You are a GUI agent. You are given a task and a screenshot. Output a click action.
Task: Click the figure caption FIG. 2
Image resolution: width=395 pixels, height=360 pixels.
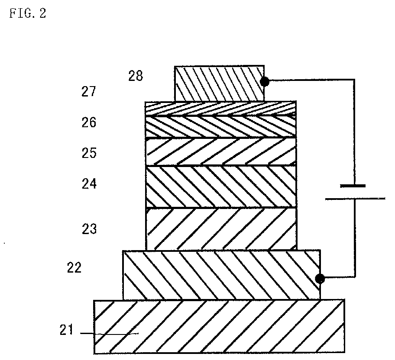(x=28, y=13)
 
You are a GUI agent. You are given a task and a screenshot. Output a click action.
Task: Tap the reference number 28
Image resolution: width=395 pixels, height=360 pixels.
(x=136, y=76)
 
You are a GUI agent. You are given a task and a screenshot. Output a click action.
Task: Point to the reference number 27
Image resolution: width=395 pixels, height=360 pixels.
(x=89, y=91)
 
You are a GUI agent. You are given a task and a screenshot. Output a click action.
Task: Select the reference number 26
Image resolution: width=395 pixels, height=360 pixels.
(x=89, y=122)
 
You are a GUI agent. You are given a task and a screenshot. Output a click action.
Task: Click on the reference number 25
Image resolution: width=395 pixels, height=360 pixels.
(x=89, y=153)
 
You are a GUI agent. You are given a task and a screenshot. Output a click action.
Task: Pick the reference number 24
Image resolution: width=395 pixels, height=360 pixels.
(x=89, y=184)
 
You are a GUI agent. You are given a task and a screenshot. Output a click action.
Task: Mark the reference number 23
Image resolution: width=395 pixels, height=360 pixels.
(x=89, y=229)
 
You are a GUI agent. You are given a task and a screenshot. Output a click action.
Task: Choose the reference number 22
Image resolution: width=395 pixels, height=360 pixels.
(x=74, y=267)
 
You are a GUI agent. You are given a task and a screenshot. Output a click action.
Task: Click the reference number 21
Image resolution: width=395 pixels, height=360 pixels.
(x=66, y=330)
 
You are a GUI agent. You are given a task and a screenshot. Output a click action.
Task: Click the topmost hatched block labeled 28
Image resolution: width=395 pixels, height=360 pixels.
(x=220, y=84)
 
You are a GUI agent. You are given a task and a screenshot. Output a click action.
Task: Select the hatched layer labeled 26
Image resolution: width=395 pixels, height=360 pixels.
(x=221, y=127)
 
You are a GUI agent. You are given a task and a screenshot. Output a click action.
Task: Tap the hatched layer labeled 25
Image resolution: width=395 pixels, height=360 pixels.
(x=221, y=151)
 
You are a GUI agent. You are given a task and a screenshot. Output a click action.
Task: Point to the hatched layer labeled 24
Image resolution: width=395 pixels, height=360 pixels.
(x=221, y=186)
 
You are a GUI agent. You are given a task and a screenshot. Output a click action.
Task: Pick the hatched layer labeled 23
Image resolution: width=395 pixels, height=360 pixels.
(x=221, y=229)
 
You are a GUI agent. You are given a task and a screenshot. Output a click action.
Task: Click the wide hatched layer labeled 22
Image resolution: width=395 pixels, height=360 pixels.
(x=221, y=275)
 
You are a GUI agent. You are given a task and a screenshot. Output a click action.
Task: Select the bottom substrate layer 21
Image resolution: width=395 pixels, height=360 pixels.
(x=219, y=327)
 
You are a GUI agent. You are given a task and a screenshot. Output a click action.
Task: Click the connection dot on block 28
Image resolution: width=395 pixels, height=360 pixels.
(x=265, y=82)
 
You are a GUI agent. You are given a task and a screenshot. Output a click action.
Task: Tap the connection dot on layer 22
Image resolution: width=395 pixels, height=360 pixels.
(x=320, y=279)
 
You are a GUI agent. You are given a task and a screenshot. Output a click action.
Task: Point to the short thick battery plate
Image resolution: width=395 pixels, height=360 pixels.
(x=353, y=186)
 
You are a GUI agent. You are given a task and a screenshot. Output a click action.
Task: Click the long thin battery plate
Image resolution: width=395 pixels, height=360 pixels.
(x=355, y=199)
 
